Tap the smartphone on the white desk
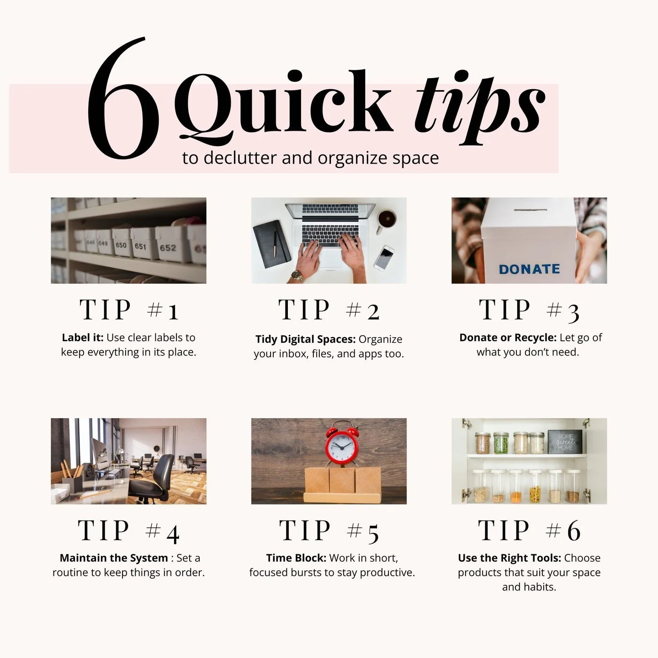pyautogui.click(x=384, y=257)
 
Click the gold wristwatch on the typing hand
pyautogui.click(x=298, y=276)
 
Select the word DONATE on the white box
pyautogui.click(x=529, y=269)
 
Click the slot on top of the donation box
pyautogui.click(x=531, y=211)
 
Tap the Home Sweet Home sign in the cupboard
pyautogui.click(x=565, y=441)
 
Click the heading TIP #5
pyautogui.click(x=329, y=531)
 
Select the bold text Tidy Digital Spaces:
pyautogui.click(x=305, y=339)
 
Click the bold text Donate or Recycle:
pyautogui.click(x=508, y=338)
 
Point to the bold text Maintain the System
pyautogui.click(x=114, y=558)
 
